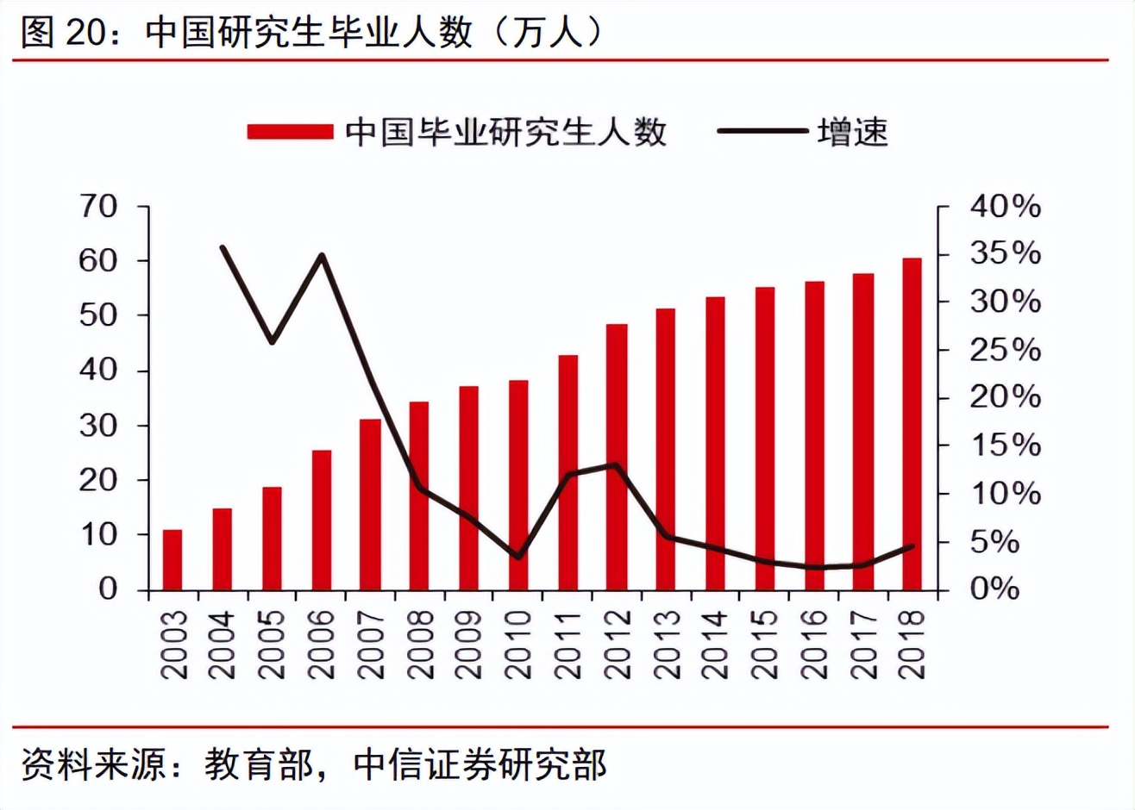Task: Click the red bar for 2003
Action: [x=172, y=560]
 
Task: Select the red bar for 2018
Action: [x=912, y=424]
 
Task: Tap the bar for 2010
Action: [x=518, y=485]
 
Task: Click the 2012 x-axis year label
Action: [x=618, y=645]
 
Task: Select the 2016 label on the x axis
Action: [x=814, y=645]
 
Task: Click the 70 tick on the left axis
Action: [x=97, y=207]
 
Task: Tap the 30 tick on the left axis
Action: [x=97, y=426]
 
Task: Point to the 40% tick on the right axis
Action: [x=1005, y=207]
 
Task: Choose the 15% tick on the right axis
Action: [x=1005, y=446]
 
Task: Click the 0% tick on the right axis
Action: [x=994, y=589]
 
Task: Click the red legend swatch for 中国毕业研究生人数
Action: [x=290, y=132]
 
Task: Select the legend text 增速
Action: [x=852, y=132]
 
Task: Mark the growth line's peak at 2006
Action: [x=322, y=255]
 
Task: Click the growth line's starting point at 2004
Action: [x=223, y=248]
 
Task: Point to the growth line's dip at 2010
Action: [x=518, y=557]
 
